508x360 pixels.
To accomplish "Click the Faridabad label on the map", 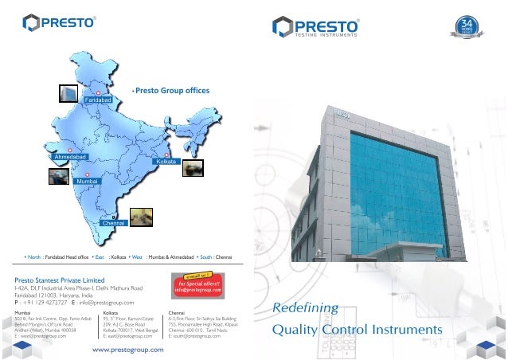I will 96,100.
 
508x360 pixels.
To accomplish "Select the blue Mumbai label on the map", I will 86,182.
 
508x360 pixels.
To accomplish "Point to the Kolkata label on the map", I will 166,162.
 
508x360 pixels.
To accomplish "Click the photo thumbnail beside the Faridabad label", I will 69,93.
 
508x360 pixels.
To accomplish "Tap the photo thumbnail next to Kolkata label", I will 193,168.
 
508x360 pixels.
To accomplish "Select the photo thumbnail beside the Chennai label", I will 143,215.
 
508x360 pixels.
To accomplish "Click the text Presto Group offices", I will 172,91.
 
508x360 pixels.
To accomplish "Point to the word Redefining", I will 306,308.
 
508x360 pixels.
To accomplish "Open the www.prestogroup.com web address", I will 128,349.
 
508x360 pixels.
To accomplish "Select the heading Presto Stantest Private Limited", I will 61,280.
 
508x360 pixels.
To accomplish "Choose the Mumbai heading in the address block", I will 25,314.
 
